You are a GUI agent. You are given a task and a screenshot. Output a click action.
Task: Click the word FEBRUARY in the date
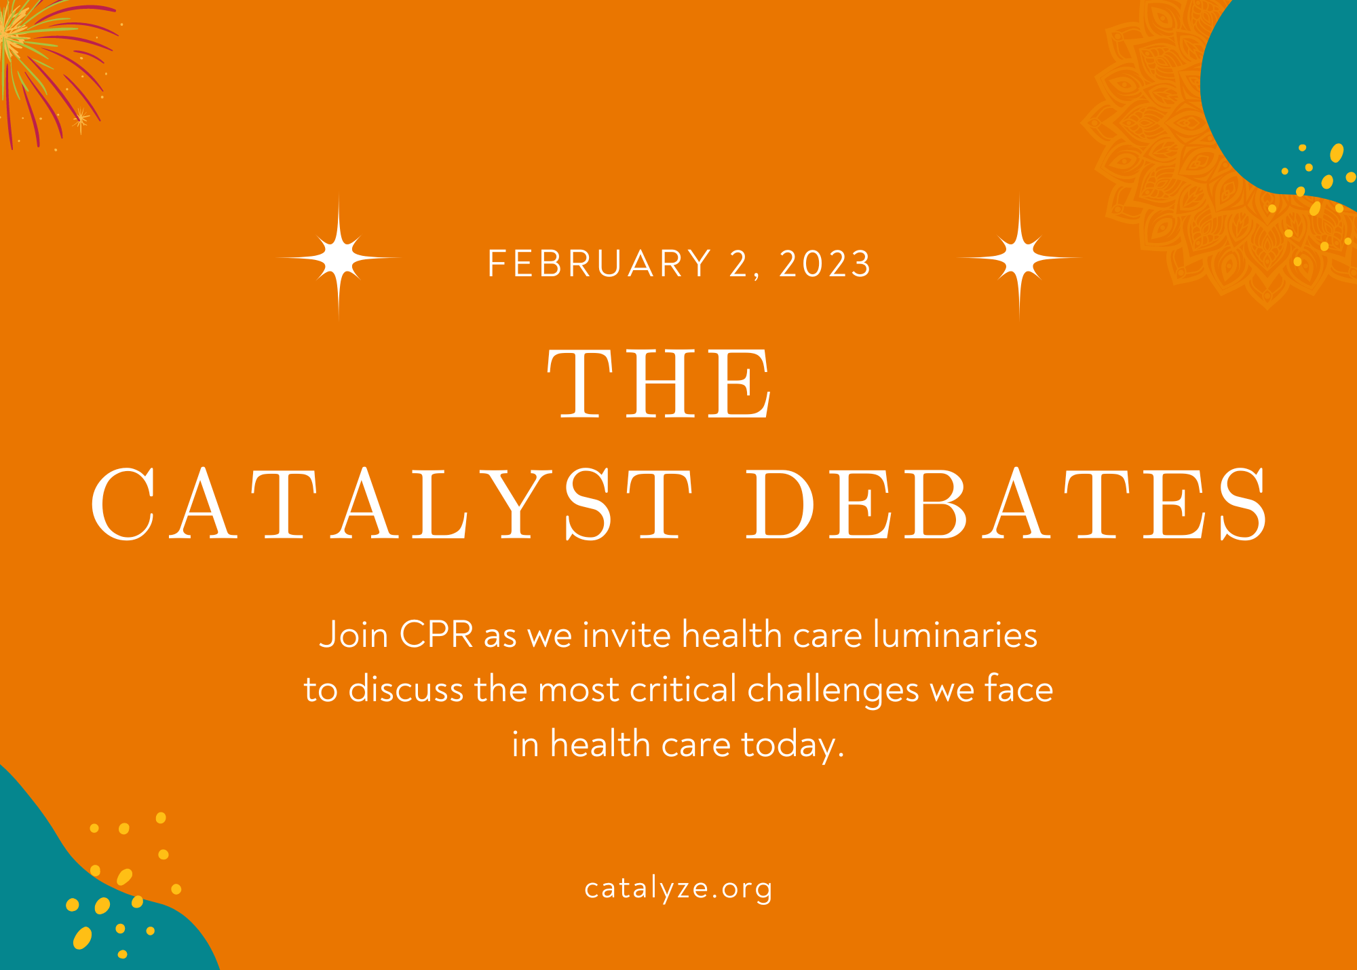click(600, 263)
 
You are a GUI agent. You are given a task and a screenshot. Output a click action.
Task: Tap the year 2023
click(824, 263)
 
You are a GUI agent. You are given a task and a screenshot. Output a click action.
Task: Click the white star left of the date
click(339, 258)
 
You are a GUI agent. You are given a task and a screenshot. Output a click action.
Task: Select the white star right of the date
click(1019, 258)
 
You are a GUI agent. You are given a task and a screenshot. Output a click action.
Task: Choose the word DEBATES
click(1007, 504)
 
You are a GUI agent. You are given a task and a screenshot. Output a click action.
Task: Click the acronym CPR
click(436, 635)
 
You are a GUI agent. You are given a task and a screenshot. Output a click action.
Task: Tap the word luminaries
click(955, 635)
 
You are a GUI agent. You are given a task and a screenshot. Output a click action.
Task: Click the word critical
click(683, 690)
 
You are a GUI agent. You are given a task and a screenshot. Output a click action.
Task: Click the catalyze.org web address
click(678, 889)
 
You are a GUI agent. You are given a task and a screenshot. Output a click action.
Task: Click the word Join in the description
click(353, 635)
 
